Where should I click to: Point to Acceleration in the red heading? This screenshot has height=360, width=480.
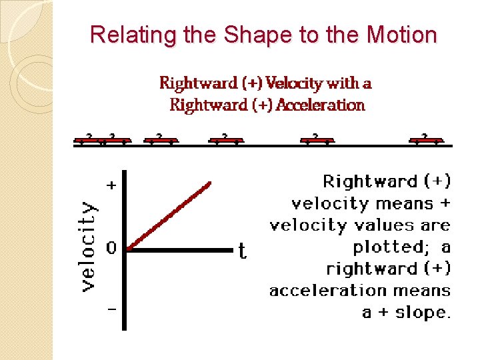[320, 105]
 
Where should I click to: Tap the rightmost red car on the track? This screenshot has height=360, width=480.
[425, 139]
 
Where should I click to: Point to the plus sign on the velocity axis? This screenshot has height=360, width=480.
[111, 186]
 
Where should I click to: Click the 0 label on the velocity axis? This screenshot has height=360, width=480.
[111, 249]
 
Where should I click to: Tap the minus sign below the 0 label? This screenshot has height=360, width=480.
[111, 309]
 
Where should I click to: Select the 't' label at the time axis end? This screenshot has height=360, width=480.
[243, 251]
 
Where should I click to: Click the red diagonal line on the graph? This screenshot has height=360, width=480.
[170, 215]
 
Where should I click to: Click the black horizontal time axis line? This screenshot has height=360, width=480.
[180, 250]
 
